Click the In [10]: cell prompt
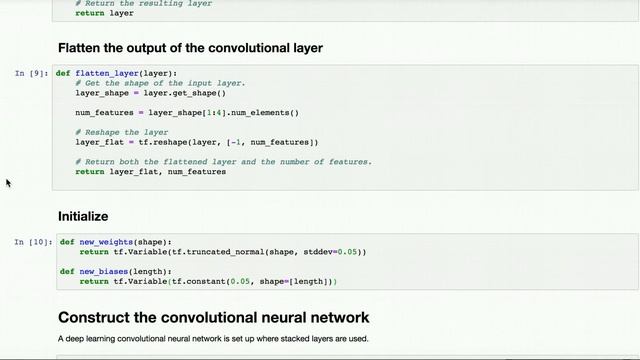click(32, 242)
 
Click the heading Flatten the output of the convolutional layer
click(190, 48)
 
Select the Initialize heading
click(83, 216)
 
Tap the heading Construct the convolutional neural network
click(214, 318)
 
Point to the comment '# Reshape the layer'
click(121, 132)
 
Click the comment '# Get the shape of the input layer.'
click(160, 83)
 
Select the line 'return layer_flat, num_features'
click(150, 171)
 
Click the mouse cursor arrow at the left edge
click(8, 182)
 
